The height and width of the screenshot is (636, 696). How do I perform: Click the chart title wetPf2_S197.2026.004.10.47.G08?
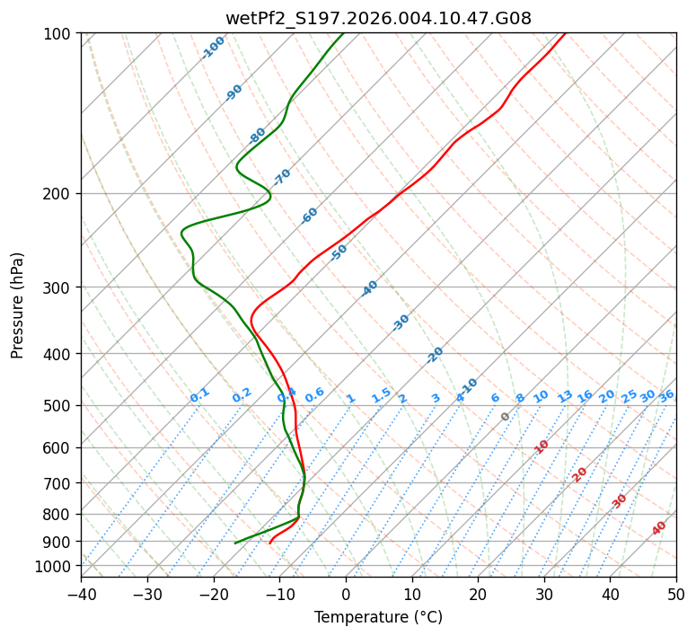tap(378, 18)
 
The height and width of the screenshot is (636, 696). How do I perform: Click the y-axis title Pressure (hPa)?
tap(18, 305)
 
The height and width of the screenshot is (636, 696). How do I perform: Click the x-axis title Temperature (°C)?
tap(378, 617)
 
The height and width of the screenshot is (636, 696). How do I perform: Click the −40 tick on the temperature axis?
tap(81, 594)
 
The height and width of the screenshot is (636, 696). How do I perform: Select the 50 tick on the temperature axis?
tap(676, 594)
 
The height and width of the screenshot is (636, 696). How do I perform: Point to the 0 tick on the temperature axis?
tap(346, 594)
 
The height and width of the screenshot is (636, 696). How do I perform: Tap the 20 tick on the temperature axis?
tap(478, 594)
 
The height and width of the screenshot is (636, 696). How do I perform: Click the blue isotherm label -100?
tap(213, 47)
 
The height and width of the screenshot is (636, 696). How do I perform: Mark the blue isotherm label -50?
tap(338, 252)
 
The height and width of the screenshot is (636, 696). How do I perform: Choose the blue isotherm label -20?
tap(435, 355)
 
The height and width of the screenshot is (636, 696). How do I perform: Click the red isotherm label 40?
tap(659, 528)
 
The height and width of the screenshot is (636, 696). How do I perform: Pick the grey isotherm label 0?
tap(505, 417)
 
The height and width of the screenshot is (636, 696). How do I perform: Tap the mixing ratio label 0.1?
tap(199, 394)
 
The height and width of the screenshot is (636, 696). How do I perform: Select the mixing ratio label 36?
tap(666, 395)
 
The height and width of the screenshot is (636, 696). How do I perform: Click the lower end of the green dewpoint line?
tap(235, 543)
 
